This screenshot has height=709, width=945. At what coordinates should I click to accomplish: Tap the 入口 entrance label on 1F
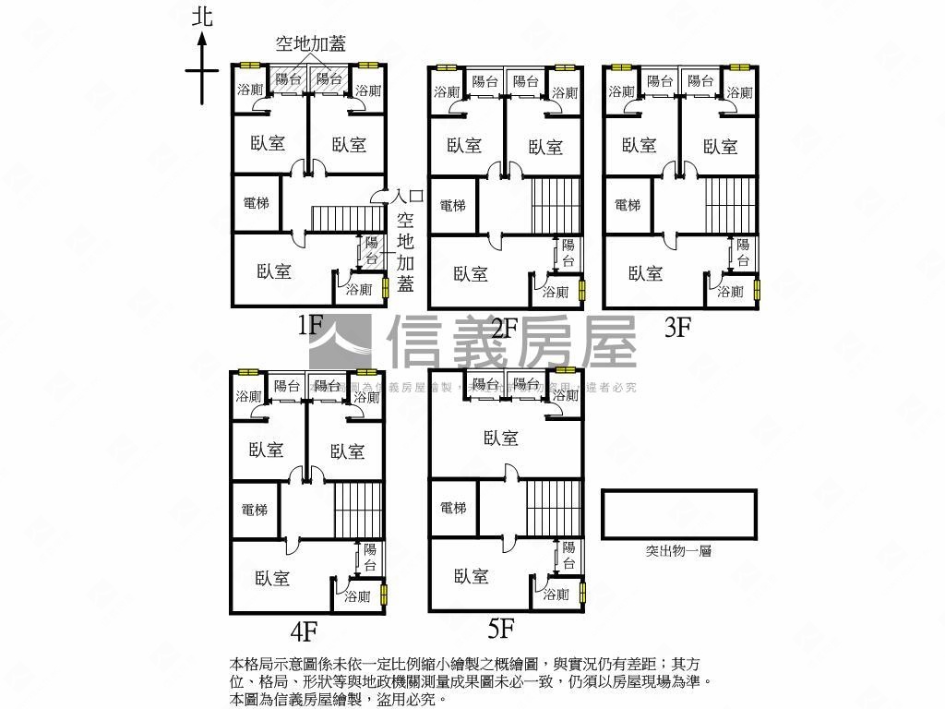407,197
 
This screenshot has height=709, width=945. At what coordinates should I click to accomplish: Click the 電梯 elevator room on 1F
256,202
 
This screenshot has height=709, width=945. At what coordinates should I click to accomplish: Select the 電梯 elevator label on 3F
627,205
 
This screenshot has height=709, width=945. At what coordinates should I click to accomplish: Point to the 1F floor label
309,325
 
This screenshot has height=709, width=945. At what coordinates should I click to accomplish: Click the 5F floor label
500,630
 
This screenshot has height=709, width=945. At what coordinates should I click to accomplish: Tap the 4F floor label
304,631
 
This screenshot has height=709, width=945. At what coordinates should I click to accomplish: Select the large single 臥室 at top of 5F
500,438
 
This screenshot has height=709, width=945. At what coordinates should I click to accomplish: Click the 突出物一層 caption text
678,551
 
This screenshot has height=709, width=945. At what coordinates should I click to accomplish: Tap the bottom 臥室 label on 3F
646,273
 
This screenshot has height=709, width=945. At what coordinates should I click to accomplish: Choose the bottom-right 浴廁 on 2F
556,293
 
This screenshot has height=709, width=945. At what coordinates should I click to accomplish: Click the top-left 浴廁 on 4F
248,397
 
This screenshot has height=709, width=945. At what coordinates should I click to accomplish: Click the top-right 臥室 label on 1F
349,144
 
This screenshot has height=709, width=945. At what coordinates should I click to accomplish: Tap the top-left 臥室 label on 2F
464,145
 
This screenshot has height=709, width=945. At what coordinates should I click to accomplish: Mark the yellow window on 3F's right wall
757,290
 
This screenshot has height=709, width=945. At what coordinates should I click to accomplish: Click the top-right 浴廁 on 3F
738,92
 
